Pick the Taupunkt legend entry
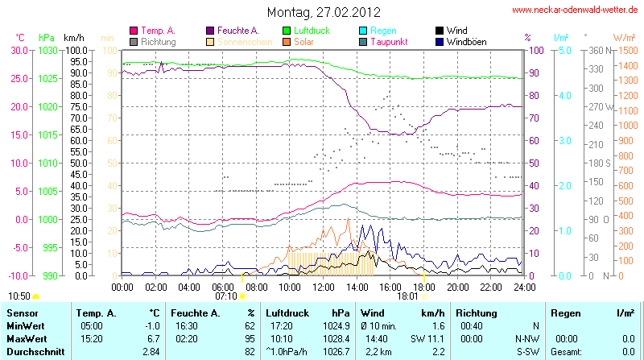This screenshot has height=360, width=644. click(x=390, y=41)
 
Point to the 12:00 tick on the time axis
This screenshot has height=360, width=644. click(x=324, y=286)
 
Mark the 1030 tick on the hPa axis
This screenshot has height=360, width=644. click(x=48, y=50)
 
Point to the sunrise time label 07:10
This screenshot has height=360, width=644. click(x=226, y=296)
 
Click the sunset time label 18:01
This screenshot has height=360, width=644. click(x=408, y=296)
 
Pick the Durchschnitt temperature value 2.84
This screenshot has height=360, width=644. click(x=151, y=352)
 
